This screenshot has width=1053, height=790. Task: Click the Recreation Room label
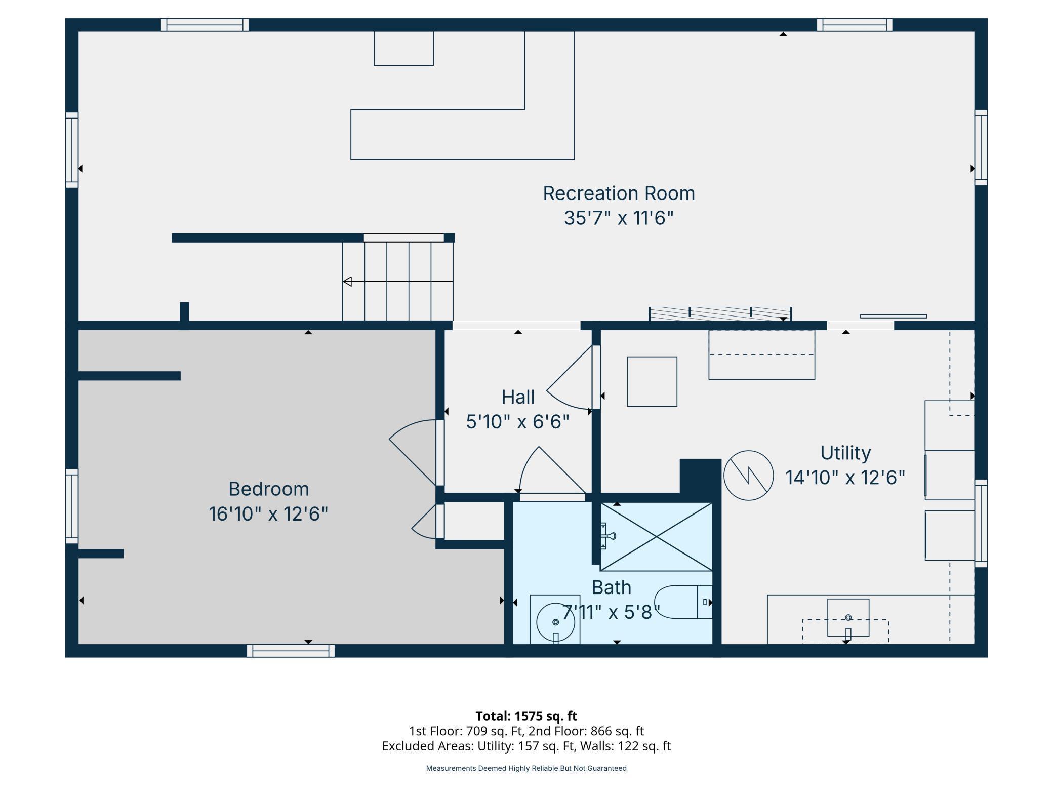(619, 193)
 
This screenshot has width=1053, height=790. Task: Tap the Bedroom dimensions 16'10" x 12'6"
(268, 514)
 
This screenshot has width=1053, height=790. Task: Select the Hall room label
(517, 397)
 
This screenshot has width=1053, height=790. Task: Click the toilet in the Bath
(683, 602)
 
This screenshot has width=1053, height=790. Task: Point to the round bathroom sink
(555, 622)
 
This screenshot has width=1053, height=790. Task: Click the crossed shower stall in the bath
(656, 537)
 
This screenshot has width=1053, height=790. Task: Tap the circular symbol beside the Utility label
(748, 476)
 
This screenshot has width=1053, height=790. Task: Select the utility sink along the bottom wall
(848, 618)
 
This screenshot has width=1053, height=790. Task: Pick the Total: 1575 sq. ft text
(526, 716)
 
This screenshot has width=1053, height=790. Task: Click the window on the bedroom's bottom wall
(291, 651)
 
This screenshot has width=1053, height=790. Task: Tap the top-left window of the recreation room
(205, 25)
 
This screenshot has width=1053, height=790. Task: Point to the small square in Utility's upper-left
(652, 381)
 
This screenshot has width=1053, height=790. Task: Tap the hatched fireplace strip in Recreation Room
(720, 313)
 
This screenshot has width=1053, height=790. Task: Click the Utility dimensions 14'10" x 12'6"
(844, 478)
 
